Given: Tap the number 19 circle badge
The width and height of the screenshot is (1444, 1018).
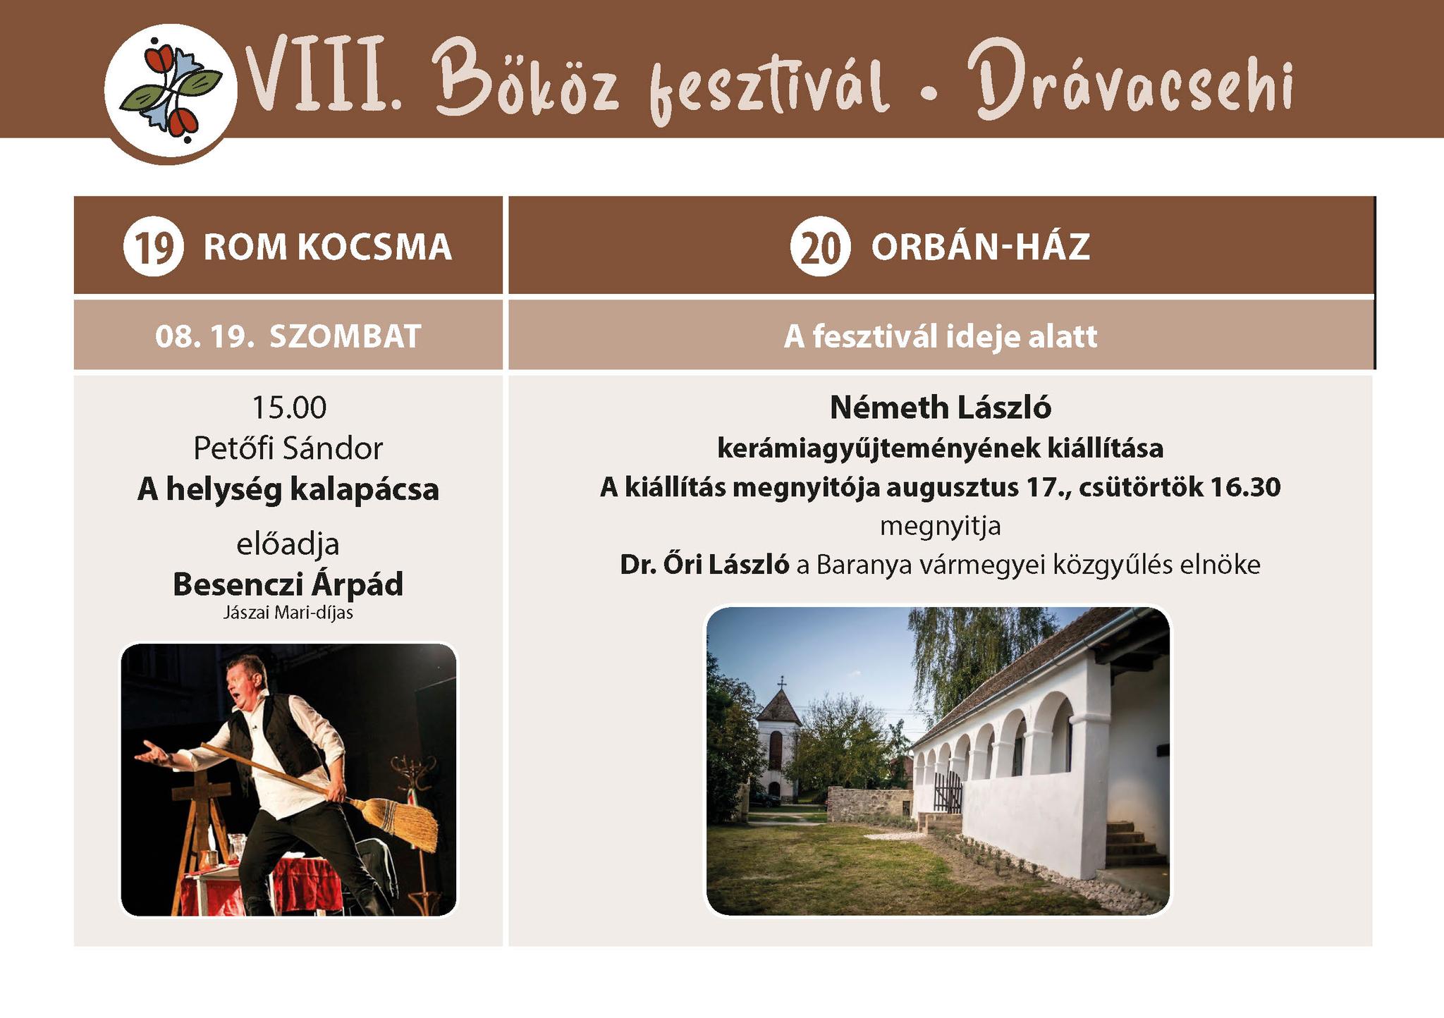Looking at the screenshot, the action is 154,246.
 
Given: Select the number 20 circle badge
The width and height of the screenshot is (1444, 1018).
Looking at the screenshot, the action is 821,246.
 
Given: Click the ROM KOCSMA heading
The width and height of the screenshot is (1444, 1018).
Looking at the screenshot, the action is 327,247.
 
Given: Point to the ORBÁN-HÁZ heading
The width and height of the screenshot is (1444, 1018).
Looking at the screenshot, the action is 981,246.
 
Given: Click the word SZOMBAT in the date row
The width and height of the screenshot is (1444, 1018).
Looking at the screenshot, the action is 345,336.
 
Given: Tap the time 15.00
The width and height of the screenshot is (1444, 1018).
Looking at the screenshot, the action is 289,407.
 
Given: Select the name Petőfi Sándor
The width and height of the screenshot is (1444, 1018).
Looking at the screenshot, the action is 288,448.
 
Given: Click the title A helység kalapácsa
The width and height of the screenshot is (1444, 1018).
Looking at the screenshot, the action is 288,489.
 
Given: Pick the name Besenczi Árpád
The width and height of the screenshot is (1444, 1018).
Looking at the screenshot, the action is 288,584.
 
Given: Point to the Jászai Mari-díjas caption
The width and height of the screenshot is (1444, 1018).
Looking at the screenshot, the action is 288,613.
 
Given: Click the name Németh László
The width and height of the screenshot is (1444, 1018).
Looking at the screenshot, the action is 941,407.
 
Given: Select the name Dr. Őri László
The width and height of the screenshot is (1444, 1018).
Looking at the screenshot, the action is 704,564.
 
